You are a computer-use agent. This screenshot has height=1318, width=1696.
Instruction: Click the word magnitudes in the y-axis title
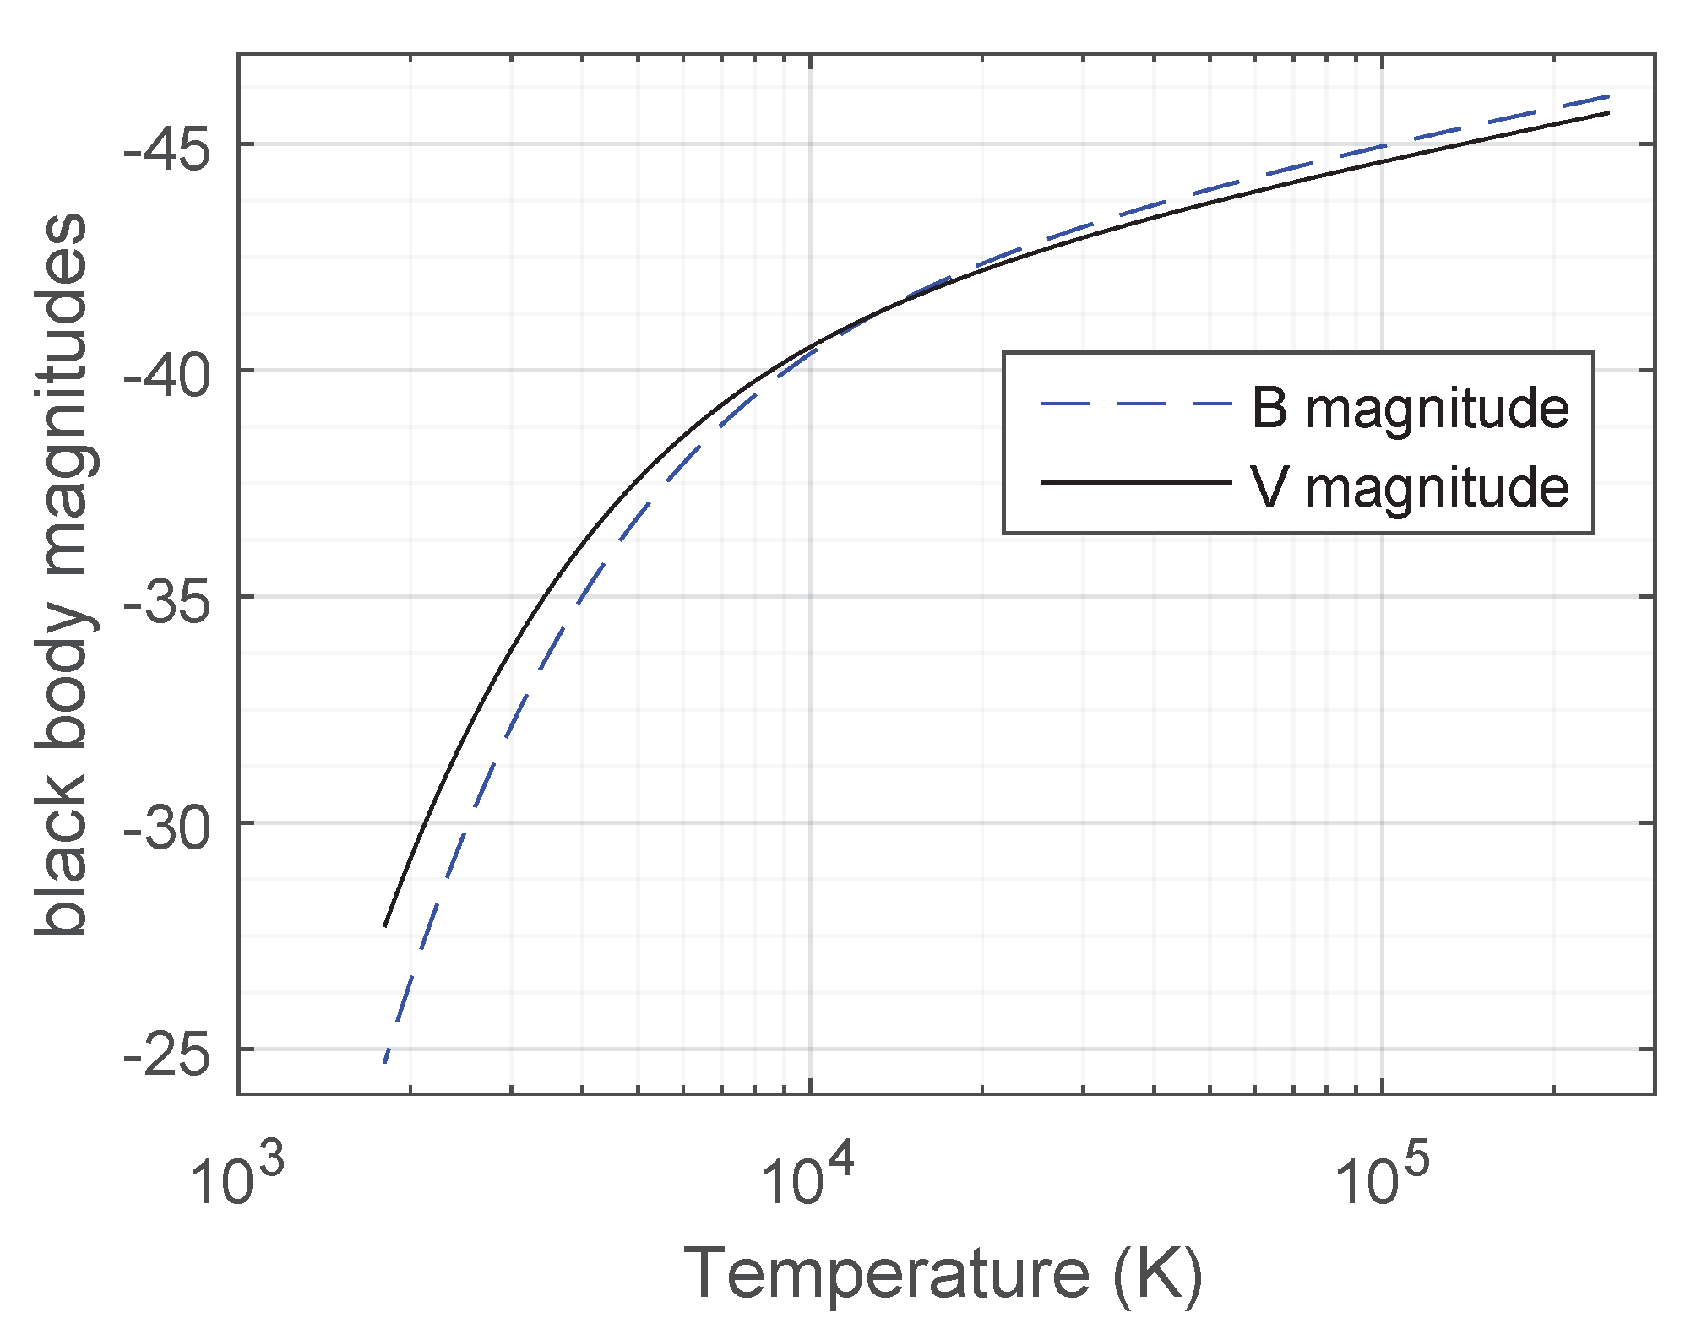pos(63,393)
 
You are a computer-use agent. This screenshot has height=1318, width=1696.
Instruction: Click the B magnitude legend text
pos(1410,409)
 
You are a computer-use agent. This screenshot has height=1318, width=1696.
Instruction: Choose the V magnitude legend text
pos(1410,487)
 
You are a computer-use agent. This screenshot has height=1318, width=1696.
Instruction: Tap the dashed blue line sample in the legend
pos(1136,404)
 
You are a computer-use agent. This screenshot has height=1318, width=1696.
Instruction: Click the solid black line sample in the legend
pos(1136,482)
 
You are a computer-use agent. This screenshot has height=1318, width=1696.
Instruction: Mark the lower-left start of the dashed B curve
pos(384,1062)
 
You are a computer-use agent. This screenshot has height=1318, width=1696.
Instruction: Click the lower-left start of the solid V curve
pos(385,926)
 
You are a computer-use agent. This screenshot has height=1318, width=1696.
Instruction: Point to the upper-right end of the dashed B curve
pos(1609,96)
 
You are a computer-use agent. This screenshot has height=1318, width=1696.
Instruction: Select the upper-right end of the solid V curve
pos(1608,112)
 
